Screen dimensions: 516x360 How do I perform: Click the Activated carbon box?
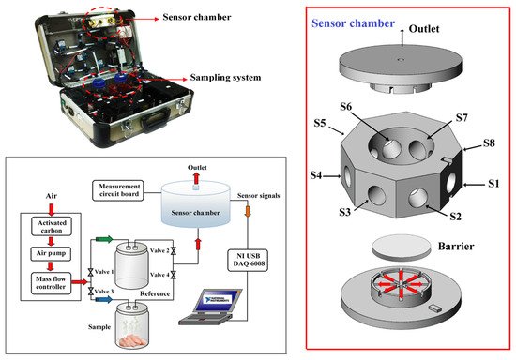coord(52,227)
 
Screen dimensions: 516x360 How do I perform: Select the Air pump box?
coord(51,253)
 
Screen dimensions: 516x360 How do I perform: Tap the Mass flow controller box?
coord(51,283)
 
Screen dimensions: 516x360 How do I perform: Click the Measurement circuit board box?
coord(118,190)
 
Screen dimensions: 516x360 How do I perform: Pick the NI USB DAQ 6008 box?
coord(248,260)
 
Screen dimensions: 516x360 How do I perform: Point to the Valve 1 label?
coord(103,272)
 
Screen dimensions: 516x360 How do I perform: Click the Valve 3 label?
coord(103,292)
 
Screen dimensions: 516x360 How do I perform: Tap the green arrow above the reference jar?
coord(104,239)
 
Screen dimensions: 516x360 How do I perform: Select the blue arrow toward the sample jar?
coord(104,299)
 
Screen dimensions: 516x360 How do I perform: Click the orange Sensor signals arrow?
coord(248,210)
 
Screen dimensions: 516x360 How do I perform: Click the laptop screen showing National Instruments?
coord(218,300)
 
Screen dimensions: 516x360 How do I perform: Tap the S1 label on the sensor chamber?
coord(493,184)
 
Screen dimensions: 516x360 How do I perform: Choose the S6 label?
coord(345,107)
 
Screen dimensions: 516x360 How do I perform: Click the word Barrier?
coord(456,247)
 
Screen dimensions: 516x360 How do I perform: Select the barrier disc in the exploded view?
coord(402,247)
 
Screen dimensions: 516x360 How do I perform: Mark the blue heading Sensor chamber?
coord(353,23)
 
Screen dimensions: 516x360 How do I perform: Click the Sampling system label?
coord(225,78)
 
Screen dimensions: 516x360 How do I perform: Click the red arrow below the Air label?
coord(51,209)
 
